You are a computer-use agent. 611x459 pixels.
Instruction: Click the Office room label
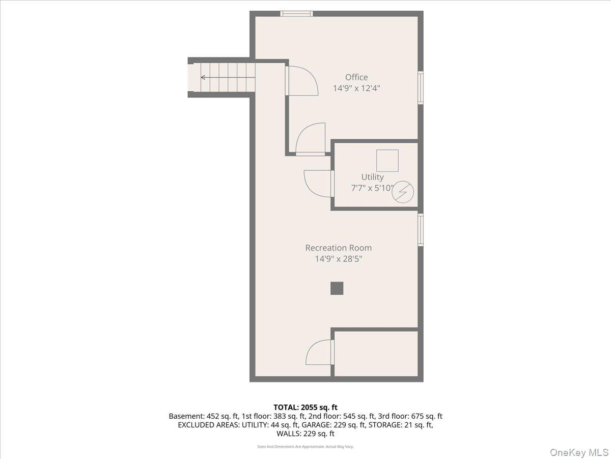point(356,77)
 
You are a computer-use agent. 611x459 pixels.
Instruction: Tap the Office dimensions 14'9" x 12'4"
point(356,88)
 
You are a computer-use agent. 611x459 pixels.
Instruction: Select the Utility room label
point(372,177)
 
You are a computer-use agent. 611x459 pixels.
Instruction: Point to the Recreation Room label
point(338,248)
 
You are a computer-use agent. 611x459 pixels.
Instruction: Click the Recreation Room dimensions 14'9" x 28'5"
point(338,259)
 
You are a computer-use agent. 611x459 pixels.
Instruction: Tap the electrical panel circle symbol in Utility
point(403,192)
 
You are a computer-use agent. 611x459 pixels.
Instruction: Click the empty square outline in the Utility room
point(387,161)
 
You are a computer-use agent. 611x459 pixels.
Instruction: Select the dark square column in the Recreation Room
point(337,288)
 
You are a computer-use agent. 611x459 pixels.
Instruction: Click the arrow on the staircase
point(228,77)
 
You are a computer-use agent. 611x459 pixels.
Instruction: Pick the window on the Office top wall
point(296,14)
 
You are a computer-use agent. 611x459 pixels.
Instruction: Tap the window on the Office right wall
point(421,88)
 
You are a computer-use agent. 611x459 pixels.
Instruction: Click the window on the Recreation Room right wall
point(421,230)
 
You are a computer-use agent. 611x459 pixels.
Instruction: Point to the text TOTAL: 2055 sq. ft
point(305,407)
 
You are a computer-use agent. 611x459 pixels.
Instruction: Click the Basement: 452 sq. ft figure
point(204,416)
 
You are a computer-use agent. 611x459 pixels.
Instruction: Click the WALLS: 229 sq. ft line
point(305,433)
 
